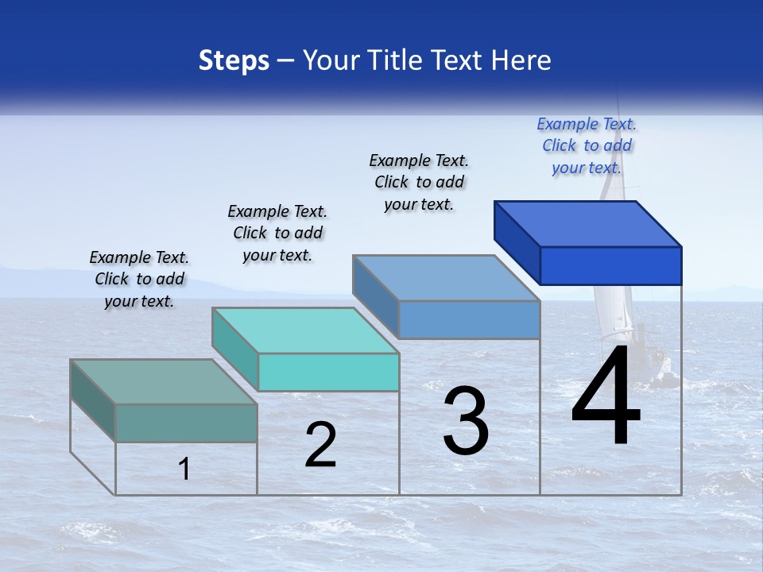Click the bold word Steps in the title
[x=234, y=60]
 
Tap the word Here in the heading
[x=521, y=60]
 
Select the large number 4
[x=606, y=397]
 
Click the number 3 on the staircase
[x=466, y=421]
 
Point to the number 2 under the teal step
[x=320, y=445]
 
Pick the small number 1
[x=184, y=470]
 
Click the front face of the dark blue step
[x=610, y=265]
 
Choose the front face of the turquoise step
[x=328, y=372]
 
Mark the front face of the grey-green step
[x=186, y=423]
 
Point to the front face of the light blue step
[x=469, y=319]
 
